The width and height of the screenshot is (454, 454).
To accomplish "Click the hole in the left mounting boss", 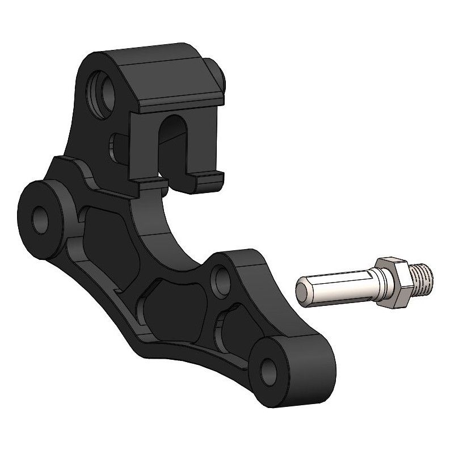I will point(41,219).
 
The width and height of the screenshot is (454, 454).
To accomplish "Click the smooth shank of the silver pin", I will point(335,287).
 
